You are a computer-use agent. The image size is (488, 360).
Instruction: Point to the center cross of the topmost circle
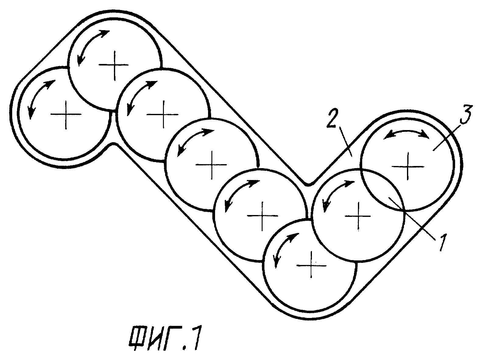114,65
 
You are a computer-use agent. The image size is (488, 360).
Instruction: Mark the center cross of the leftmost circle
66,115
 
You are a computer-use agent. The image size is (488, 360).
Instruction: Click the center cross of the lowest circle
311,266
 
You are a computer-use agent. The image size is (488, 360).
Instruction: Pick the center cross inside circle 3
408,166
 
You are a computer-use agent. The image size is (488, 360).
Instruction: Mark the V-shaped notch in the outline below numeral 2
309,184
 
